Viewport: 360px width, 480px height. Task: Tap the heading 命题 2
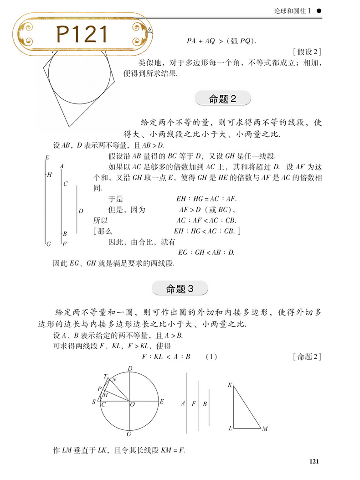click(222, 98)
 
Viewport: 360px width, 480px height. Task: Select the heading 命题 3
click(180, 288)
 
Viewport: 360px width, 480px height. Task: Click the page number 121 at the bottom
click(315, 462)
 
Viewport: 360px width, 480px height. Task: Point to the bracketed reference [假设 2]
click(308, 52)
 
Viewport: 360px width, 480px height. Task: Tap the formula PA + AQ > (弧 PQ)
click(221, 41)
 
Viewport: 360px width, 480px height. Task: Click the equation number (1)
click(212, 357)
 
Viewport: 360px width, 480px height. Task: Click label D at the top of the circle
click(130, 368)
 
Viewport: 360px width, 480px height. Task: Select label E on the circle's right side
click(161, 402)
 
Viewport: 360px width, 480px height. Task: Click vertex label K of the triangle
click(230, 385)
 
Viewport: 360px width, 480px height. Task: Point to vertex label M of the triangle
click(265, 429)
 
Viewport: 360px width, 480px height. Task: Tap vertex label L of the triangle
click(230, 428)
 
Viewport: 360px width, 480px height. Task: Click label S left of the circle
click(94, 402)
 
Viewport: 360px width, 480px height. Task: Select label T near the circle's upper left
click(105, 376)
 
